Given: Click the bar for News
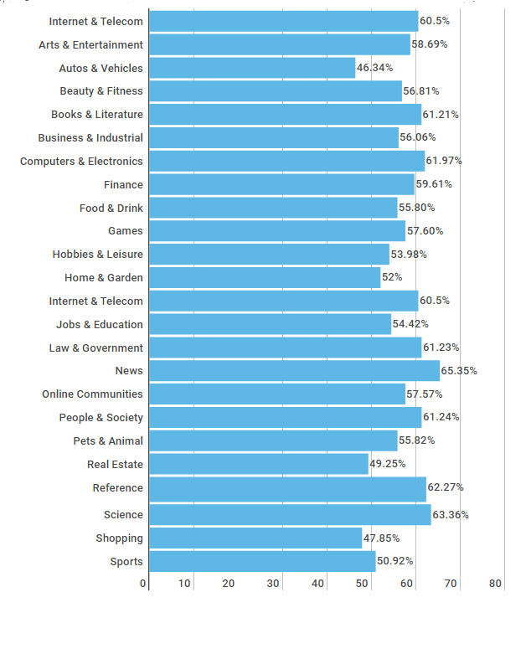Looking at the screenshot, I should tap(294, 371).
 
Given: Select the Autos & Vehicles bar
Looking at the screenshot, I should tap(252, 69).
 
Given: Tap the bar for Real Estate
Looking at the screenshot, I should tap(259, 464).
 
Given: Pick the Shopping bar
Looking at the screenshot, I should tap(255, 538).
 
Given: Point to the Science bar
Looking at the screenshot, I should tap(290, 515).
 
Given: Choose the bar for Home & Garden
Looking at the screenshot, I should tap(265, 278).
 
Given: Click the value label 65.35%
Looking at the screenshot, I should tap(459, 371).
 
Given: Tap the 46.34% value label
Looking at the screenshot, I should tap(374, 69).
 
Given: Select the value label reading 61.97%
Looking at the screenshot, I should tap(444, 161).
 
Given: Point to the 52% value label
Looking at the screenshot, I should tap(392, 278).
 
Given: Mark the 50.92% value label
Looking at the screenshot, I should tap(395, 561).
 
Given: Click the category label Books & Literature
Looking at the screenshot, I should tap(97, 115).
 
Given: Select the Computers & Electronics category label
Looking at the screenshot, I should tap(81, 162).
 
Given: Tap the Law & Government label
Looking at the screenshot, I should tap(95, 348).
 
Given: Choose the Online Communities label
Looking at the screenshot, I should tap(92, 394).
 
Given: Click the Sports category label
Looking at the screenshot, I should tap(126, 562).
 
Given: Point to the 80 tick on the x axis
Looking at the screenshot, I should tap(495, 584).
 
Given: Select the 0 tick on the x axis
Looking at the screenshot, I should tap(143, 584).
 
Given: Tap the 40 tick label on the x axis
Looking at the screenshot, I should tap(318, 584).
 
